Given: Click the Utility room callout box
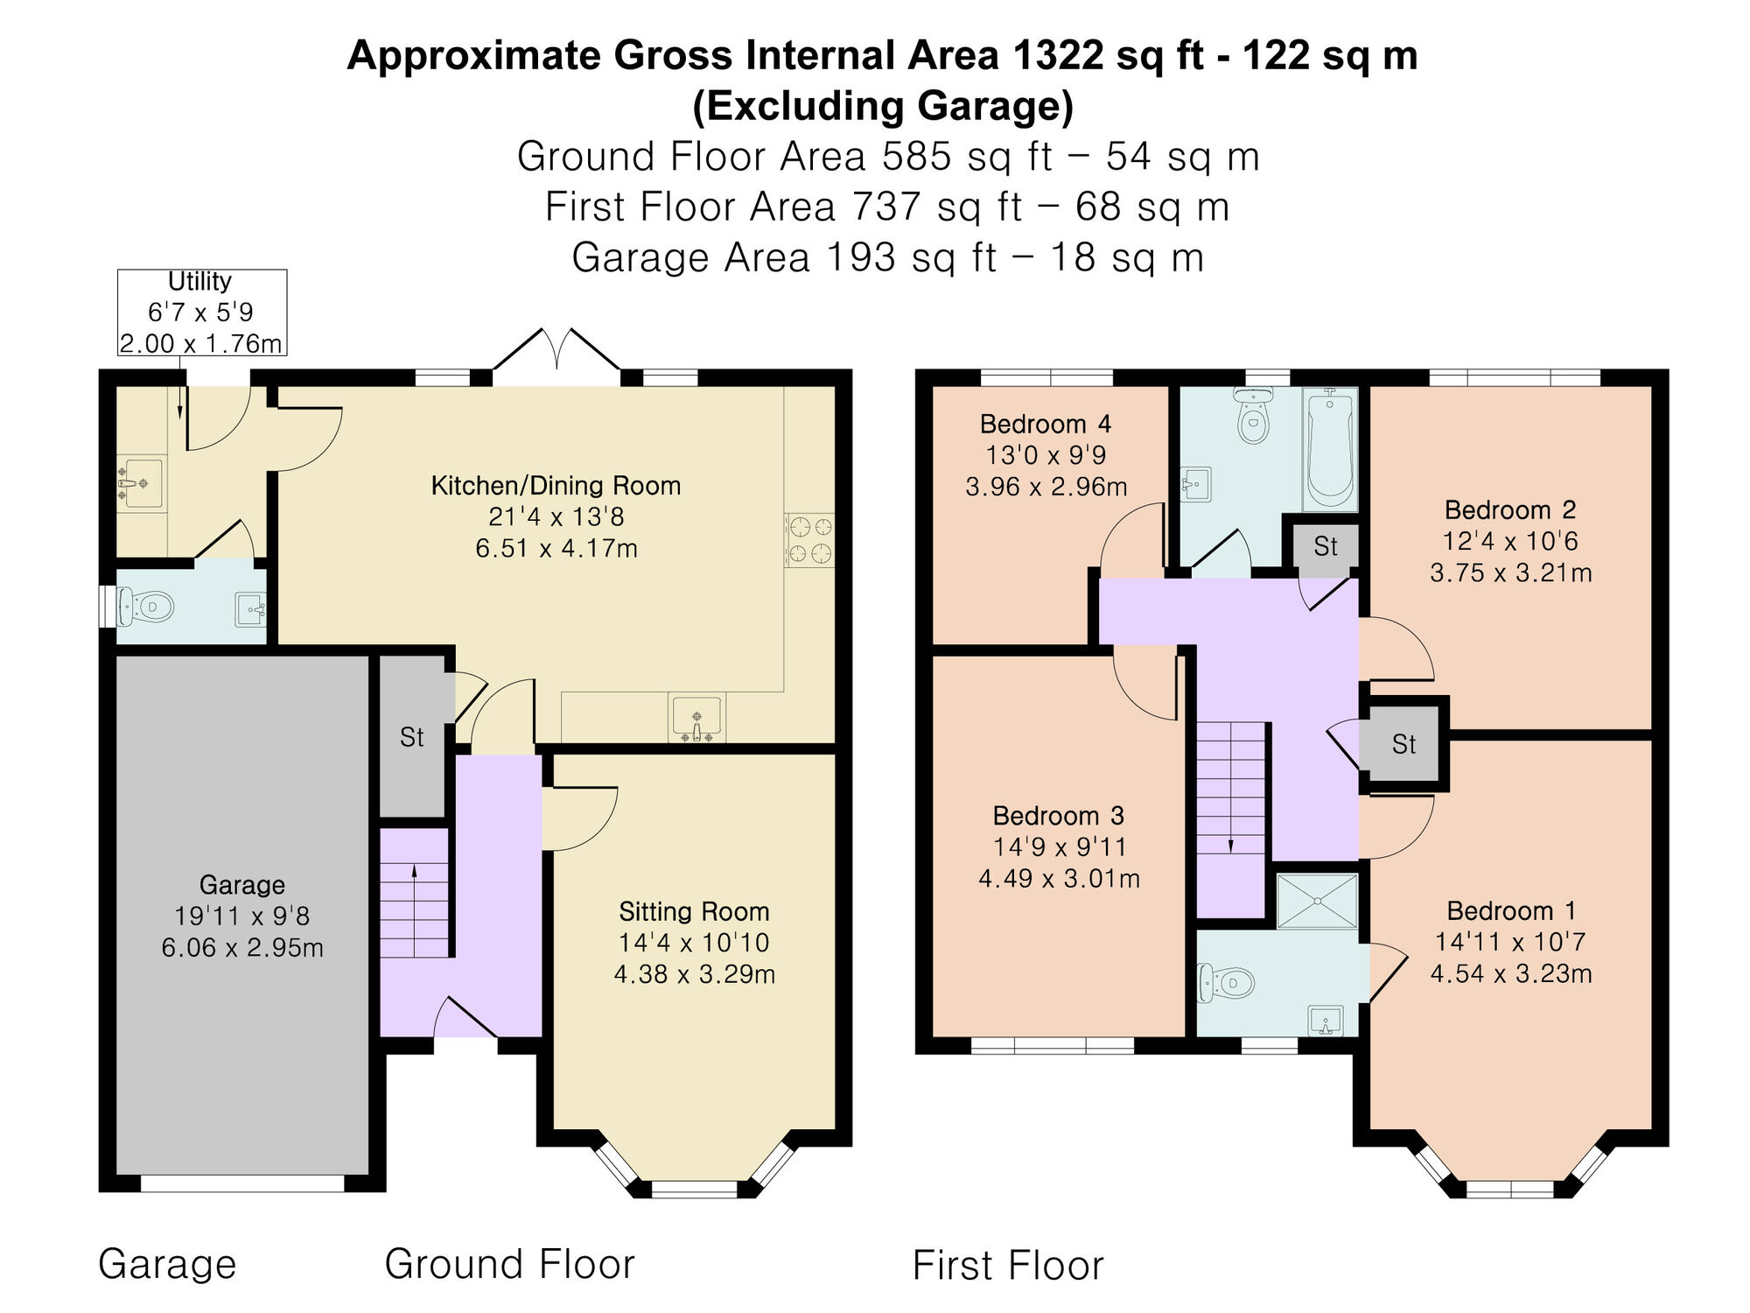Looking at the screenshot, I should point(202,312).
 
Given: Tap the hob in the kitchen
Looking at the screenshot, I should point(809,540).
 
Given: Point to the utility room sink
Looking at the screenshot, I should point(141,482).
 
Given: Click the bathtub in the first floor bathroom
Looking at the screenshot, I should point(1329,450).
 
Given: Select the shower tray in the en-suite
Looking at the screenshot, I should point(1317,901).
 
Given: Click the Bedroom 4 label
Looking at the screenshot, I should point(1045,425).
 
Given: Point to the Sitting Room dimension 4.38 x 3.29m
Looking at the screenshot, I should point(694,974).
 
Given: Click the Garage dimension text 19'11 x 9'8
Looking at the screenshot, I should point(241,916).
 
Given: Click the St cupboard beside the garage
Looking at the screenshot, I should point(412,737).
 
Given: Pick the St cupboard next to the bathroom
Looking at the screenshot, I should point(1325,547).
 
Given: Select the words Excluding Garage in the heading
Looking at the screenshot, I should point(882,107).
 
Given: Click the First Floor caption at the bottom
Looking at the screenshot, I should point(1008,1266).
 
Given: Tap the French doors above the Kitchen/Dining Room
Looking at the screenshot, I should point(556,359).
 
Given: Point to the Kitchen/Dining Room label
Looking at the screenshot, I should point(556,486).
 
